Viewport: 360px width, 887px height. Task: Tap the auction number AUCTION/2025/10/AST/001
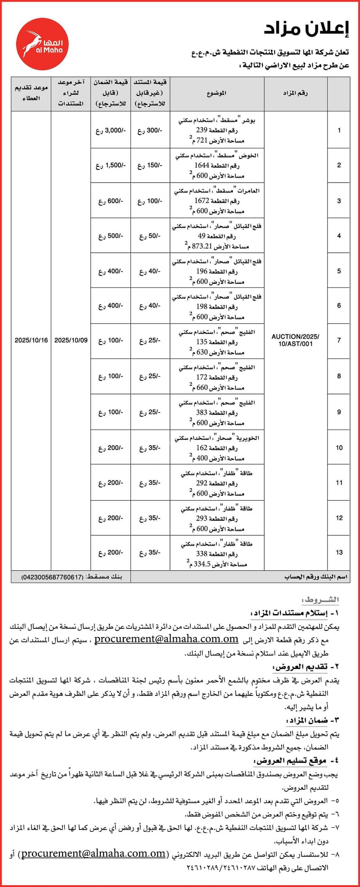pyautogui.click(x=295, y=340)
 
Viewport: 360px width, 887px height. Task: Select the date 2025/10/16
pyautogui.click(x=31, y=340)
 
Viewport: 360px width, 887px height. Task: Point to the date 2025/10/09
pyautogui.click(x=71, y=340)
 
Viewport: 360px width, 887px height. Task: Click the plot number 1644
pyautogui.click(x=202, y=166)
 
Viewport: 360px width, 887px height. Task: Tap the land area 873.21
pyautogui.click(x=201, y=246)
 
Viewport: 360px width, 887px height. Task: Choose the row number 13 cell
pyautogui.click(x=339, y=552)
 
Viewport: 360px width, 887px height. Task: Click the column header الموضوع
pyautogui.click(x=216, y=93)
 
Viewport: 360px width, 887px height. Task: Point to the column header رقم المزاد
pyautogui.click(x=295, y=93)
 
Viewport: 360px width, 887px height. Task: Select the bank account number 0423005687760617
pyautogui.click(x=52, y=577)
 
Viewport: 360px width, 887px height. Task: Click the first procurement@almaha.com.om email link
pyautogui.click(x=166, y=639)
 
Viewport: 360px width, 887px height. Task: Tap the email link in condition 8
pyautogui.click(x=93, y=854)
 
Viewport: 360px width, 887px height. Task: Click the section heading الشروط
pyautogui.click(x=320, y=600)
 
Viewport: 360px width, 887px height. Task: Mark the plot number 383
pyautogui.click(x=202, y=412)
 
